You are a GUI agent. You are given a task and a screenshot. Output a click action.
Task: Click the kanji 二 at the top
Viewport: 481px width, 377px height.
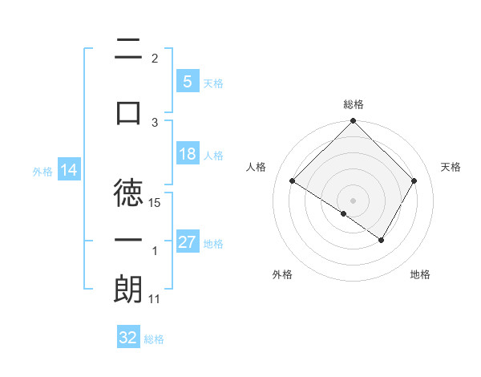pyautogui.click(x=128, y=50)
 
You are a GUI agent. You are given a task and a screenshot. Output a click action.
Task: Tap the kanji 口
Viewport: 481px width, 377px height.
pyautogui.click(x=128, y=112)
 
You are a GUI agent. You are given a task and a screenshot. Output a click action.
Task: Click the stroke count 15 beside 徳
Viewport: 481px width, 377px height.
pyautogui.click(x=156, y=203)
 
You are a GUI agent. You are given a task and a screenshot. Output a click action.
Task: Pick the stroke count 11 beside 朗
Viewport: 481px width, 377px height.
pyautogui.click(x=155, y=299)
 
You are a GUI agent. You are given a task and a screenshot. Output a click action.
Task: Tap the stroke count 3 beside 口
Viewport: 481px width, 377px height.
pyautogui.click(x=156, y=122)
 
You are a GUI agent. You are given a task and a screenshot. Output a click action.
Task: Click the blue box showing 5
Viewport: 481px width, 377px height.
pyautogui.click(x=187, y=82)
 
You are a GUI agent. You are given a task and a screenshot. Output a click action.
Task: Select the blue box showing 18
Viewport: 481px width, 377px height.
pyautogui.click(x=188, y=155)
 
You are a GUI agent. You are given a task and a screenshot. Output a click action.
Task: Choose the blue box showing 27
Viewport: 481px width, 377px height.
pyautogui.click(x=188, y=242)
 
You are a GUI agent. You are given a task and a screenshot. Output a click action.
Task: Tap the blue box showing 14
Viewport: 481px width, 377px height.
pyautogui.click(x=68, y=170)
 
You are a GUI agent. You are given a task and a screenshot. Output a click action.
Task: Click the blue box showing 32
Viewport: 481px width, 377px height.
pyautogui.click(x=127, y=338)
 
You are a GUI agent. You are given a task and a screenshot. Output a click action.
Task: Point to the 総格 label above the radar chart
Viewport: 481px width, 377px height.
pyautogui.click(x=354, y=104)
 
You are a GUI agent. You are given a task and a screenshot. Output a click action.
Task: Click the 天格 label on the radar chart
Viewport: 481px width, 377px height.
pyautogui.click(x=451, y=167)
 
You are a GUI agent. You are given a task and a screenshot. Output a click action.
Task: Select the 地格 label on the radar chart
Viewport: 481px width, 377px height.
pyautogui.click(x=420, y=274)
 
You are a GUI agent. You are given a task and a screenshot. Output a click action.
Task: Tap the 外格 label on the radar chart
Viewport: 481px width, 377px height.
pyautogui.click(x=282, y=274)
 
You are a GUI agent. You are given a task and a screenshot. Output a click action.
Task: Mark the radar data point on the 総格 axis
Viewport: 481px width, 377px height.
pyautogui.click(x=353, y=122)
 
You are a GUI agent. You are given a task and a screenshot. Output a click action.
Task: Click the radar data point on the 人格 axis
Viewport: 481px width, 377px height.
pyautogui.click(x=293, y=181)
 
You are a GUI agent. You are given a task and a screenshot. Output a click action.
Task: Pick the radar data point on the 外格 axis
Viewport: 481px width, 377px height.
pyautogui.click(x=344, y=213)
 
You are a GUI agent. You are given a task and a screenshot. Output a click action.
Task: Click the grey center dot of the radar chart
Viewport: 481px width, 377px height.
pyautogui.click(x=353, y=200)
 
